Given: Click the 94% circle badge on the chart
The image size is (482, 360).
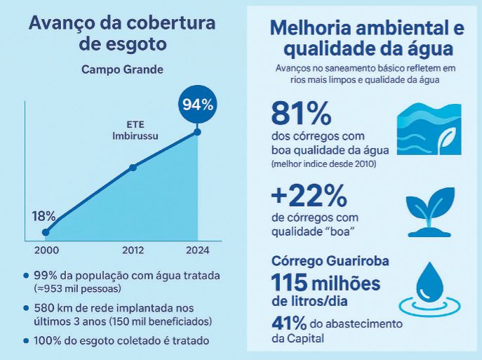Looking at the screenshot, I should [197, 105].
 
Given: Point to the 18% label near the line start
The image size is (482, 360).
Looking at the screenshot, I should [43, 215].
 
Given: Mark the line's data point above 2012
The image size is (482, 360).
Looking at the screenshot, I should [133, 167].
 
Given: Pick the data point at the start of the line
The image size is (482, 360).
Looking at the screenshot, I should [46, 232].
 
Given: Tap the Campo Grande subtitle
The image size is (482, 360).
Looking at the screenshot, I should [121, 69].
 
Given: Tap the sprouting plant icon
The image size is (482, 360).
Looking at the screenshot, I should [430, 207].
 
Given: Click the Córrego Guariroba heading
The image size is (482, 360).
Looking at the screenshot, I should [330, 260].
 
